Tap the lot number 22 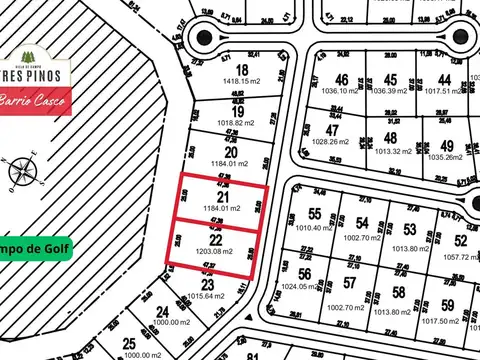tap(216, 240)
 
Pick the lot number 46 tap(342, 79)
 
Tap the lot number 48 tap(391, 139)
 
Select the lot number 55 tap(315, 214)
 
